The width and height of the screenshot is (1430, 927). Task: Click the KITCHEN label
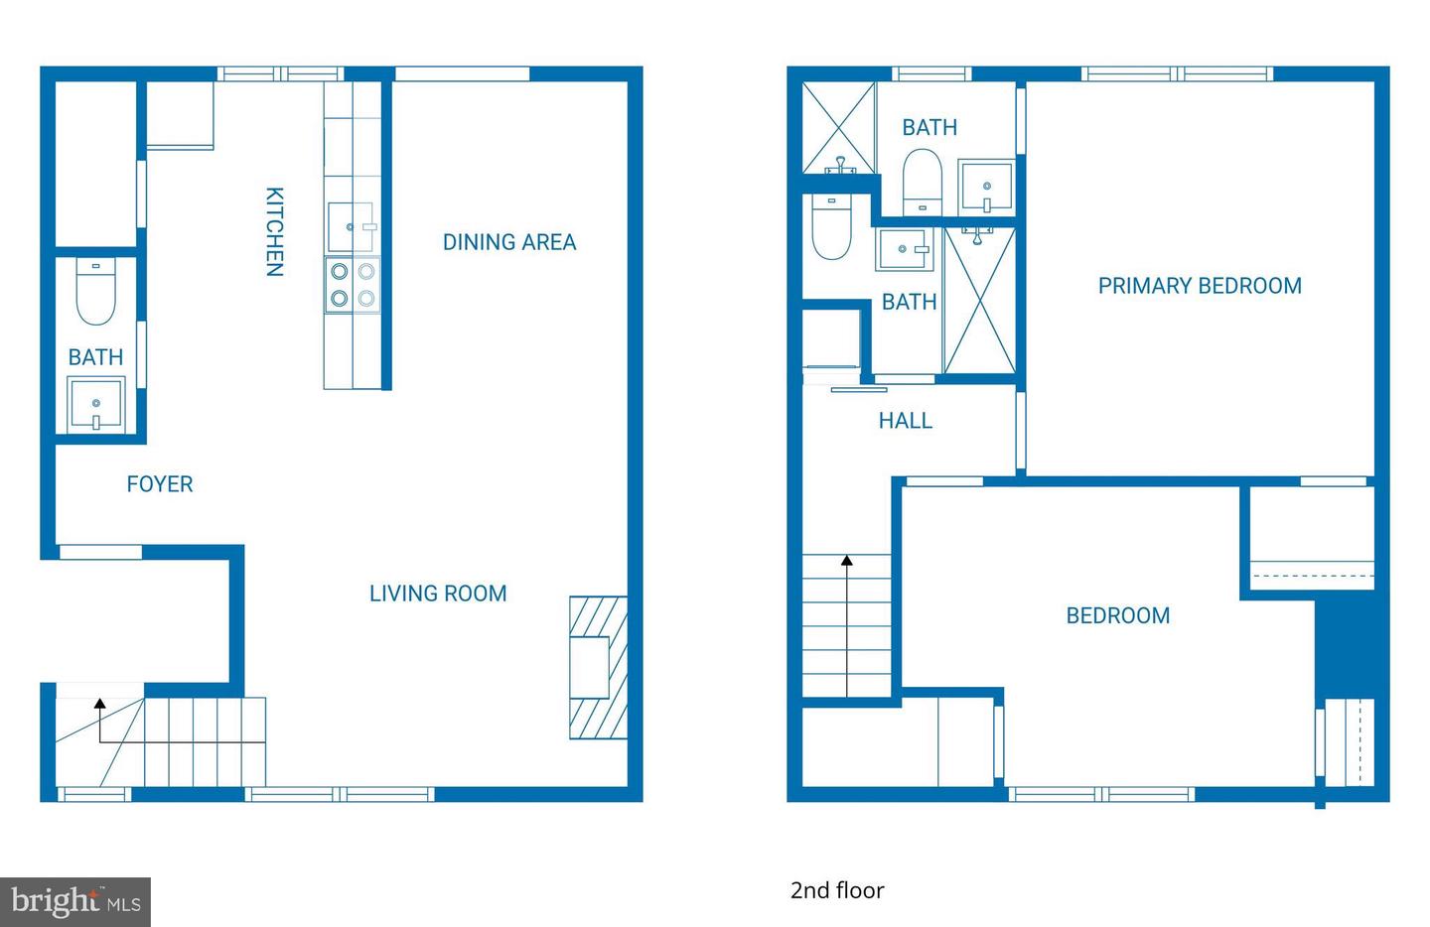tap(275, 231)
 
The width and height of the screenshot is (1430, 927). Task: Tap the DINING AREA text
tap(508, 242)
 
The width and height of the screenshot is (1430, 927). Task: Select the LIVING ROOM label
tap(438, 594)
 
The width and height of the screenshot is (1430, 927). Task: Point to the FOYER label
tap(160, 484)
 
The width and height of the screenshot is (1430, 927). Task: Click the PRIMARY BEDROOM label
tap(1200, 286)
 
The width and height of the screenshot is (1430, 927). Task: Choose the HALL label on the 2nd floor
tap(905, 421)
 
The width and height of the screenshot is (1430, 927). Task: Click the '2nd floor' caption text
tap(837, 890)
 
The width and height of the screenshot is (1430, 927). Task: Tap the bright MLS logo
tap(75, 902)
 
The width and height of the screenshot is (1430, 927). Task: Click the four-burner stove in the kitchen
tap(353, 284)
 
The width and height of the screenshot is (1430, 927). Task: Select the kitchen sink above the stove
tap(352, 227)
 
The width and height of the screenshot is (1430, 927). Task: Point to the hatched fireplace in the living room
tap(598, 667)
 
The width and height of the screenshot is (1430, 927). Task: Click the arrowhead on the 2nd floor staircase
tap(847, 561)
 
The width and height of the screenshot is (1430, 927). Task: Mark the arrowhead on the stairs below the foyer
tap(99, 704)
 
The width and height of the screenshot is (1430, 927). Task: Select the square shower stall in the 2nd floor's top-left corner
tap(838, 127)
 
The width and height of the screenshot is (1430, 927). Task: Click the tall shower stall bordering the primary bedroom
tap(979, 300)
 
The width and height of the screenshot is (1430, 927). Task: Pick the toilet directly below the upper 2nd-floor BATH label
tap(922, 180)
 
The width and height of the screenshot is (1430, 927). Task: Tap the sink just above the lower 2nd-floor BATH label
tap(904, 249)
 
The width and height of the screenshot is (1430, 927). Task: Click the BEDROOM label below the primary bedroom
tap(1117, 615)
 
